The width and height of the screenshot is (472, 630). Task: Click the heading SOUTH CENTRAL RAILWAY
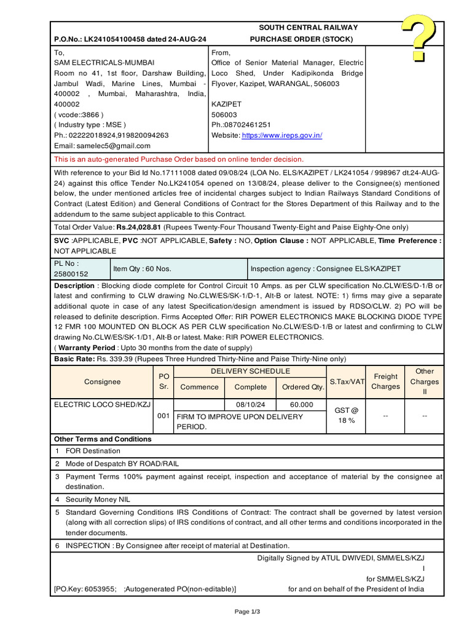point(308,28)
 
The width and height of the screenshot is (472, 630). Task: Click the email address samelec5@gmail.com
point(113,146)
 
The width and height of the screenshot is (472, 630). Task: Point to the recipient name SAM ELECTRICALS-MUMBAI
point(104,63)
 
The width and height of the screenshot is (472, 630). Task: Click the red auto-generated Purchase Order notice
point(179,159)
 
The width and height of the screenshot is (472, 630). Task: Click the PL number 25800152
point(71,274)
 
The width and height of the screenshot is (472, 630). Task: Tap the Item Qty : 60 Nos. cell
point(141,269)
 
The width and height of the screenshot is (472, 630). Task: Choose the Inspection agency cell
point(326,269)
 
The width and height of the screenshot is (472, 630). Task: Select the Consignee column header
point(103,381)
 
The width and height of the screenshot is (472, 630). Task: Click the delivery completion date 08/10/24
point(250,405)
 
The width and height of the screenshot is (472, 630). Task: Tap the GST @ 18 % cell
point(345,415)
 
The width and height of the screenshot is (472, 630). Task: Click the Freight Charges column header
point(385,381)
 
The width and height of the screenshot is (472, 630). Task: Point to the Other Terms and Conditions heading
point(103,439)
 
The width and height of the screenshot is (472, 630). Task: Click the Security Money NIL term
point(98,500)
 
